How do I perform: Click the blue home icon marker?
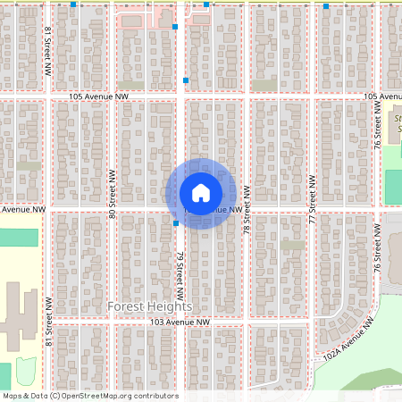(201, 193)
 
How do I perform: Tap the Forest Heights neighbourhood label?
(150, 306)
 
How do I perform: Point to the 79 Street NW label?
(180, 274)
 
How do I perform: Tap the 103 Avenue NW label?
(180, 322)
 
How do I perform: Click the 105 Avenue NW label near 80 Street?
(98, 95)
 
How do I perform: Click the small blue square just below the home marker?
(176, 223)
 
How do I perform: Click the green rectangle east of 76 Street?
(393, 186)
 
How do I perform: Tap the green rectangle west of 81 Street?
(19, 238)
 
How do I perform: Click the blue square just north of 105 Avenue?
(186, 80)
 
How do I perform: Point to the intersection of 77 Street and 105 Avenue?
(312, 95)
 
